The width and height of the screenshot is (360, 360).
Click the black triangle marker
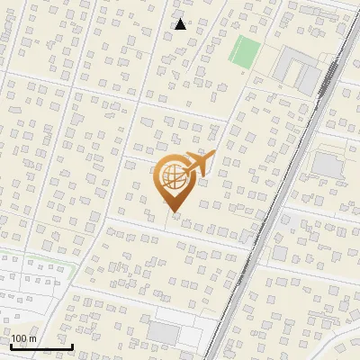(180, 24)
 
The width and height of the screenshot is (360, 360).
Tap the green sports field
(244, 51)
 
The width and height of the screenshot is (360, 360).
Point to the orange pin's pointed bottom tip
(174, 212)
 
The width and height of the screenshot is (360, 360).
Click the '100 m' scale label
(24, 338)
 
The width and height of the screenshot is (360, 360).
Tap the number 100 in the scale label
(20, 338)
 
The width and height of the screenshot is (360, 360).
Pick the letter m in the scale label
(32, 338)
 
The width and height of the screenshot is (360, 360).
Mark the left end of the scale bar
(11, 346)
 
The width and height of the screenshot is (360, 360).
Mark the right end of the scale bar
(72, 346)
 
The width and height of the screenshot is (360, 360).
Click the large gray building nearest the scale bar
(164, 332)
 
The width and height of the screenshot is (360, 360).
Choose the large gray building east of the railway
(328, 165)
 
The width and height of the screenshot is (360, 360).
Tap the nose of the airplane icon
(214, 153)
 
